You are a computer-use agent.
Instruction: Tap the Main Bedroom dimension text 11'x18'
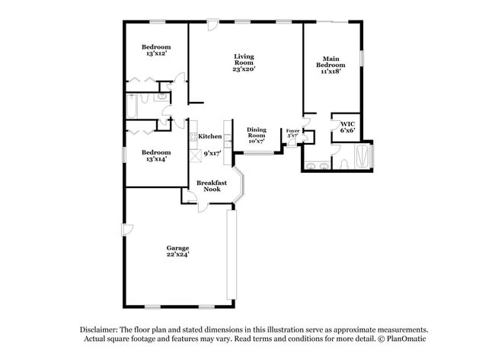pos(330,72)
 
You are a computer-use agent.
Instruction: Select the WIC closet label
pos(347,124)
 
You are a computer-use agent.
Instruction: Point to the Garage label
pos(178,248)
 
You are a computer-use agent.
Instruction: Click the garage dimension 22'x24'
pos(178,255)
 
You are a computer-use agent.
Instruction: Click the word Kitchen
pos(210,136)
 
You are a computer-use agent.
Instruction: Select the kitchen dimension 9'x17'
pos(212,153)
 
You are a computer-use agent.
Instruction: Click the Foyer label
pos(292,130)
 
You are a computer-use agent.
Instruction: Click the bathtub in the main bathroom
pos(365,158)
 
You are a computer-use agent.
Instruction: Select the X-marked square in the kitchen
pos(193,151)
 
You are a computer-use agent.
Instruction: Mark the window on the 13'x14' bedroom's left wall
pos(124,154)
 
